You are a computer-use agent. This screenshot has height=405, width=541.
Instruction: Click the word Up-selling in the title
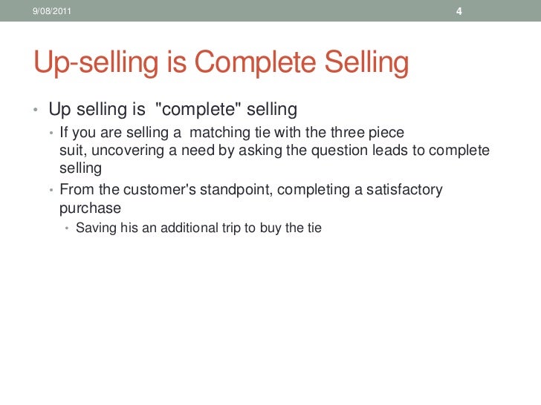coord(94,65)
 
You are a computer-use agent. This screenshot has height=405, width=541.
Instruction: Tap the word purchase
coord(90,208)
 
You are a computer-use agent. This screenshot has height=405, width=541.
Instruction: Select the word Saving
coord(97,228)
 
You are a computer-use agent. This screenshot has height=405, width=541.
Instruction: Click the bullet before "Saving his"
coord(68,228)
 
